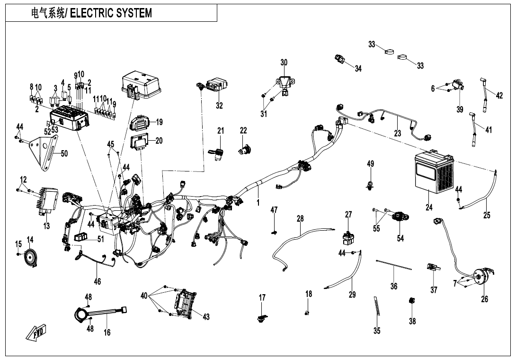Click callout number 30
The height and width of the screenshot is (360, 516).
pyautogui.click(x=284, y=63)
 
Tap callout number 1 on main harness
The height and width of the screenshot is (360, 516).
pyautogui.click(x=258, y=202)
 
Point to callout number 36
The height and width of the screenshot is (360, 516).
pyautogui.click(x=394, y=286)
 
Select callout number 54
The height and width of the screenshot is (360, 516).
pyautogui.click(x=400, y=238)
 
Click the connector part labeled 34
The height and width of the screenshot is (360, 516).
pyautogui.click(x=340, y=60)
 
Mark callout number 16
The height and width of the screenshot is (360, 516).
pyautogui.click(x=107, y=333)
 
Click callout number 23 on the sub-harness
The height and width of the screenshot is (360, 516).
pyautogui.click(x=398, y=133)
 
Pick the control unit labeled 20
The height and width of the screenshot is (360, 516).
pyautogui.click(x=141, y=141)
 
